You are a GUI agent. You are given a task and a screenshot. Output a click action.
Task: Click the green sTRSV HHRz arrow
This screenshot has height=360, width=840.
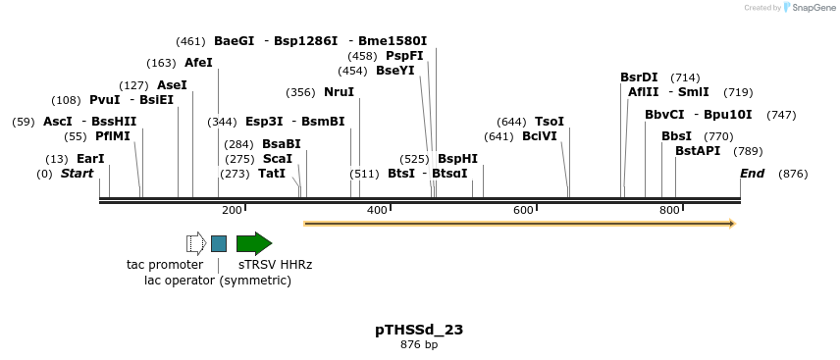pos(253,243)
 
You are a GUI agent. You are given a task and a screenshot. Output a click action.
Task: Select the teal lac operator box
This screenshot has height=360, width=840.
pos(219,243)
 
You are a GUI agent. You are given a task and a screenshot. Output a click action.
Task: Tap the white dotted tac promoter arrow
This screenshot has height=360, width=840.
pos(196,243)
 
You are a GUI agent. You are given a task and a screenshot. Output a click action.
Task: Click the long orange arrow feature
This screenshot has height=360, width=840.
pos(519,224)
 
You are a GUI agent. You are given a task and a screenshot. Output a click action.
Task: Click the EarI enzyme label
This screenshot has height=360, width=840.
pos(90,159)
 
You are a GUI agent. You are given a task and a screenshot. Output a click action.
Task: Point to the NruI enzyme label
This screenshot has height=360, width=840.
pos(339,92)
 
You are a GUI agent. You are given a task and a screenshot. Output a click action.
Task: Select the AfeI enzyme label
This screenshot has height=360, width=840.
pos(198,63)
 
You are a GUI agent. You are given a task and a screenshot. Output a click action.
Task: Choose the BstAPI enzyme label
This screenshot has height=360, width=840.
pos(698,151)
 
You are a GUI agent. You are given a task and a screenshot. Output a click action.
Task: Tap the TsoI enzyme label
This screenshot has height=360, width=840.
pos(550,122)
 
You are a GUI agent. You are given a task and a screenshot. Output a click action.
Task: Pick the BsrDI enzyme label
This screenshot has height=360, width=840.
pos(639,77)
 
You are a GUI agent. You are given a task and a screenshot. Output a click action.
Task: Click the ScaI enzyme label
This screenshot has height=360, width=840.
pos(278,159)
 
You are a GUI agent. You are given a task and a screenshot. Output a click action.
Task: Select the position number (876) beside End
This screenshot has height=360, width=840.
pos(793,174)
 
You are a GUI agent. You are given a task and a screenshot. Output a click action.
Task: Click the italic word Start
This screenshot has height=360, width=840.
pos(77,174)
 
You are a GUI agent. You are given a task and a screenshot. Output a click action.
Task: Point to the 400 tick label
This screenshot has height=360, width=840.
pos(378,210)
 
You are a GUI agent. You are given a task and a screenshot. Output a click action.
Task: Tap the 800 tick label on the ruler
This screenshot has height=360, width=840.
pos(670,210)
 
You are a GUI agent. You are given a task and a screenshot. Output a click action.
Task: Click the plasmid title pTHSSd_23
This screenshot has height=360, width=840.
pos(419,330)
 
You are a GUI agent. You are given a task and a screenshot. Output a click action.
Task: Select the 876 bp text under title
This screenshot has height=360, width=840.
pos(419,344)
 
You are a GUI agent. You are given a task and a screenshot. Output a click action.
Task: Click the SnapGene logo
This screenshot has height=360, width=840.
pos(810,8)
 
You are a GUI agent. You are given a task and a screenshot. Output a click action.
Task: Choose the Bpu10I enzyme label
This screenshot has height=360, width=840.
pos(728,115)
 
